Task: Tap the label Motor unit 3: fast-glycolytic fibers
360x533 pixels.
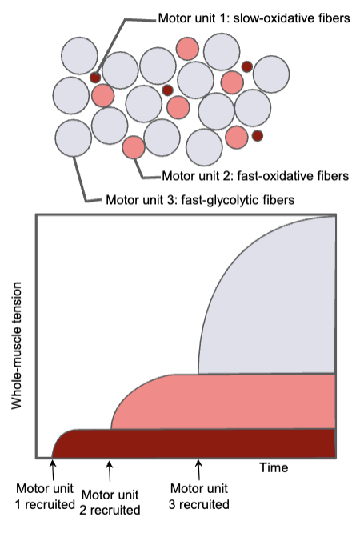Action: (x=200, y=198)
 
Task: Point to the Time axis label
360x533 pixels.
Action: (x=273, y=467)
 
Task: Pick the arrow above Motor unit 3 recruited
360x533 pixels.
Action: (x=198, y=470)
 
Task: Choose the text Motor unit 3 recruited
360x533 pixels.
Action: (x=198, y=498)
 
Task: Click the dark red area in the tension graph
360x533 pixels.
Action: (x=200, y=443)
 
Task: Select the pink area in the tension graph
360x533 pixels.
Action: (x=240, y=400)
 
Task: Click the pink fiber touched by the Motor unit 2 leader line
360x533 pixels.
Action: (x=133, y=147)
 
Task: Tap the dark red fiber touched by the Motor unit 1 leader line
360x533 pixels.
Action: (x=95, y=78)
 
